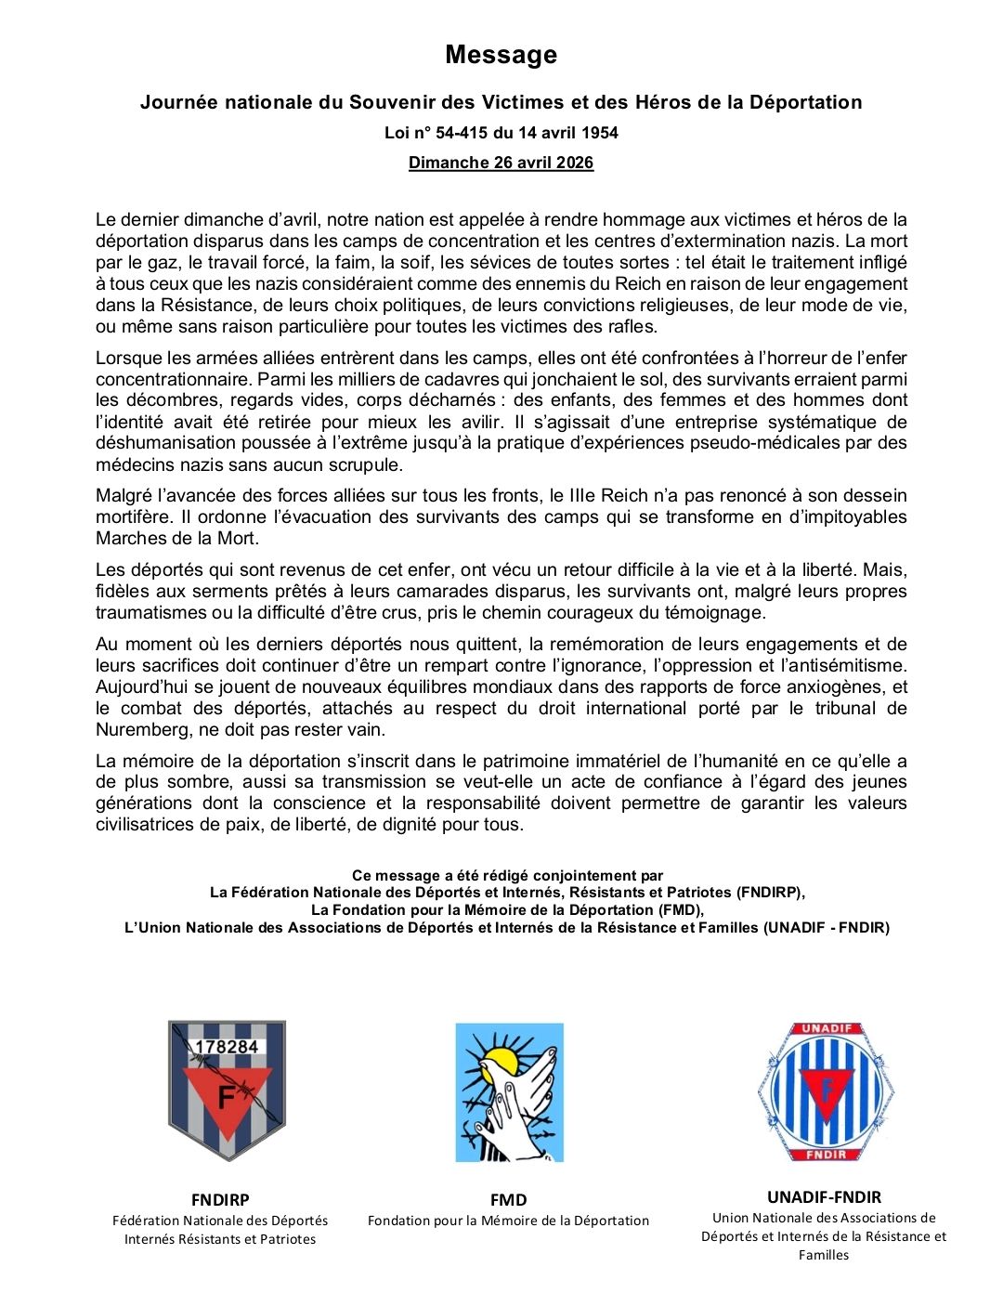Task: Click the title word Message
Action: tap(501, 55)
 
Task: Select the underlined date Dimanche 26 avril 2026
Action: tap(501, 163)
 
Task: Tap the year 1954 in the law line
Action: tap(597, 133)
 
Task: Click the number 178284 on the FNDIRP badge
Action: tap(227, 1047)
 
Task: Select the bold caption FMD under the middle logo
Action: tap(508, 1200)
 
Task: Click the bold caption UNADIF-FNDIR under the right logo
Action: tap(824, 1197)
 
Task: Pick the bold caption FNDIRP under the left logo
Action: tap(220, 1200)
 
